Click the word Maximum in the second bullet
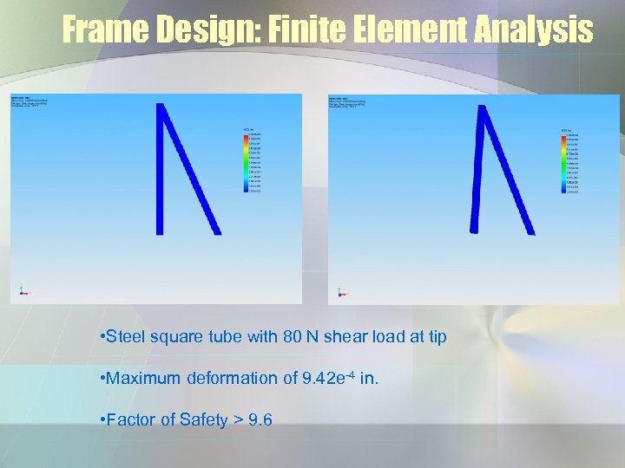(x=145, y=378)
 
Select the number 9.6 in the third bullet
(x=260, y=419)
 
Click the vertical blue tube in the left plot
(x=160, y=169)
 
